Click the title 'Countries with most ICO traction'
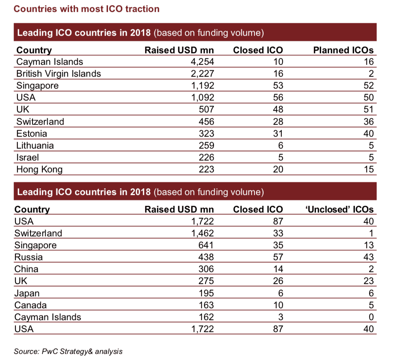(x=87, y=9)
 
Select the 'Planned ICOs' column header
(x=343, y=50)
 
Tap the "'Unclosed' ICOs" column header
(x=340, y=210)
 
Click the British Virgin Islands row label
(x=58, y=74)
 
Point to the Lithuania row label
(x=35, y=145)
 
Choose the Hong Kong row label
(x=39, y=170)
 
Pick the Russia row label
(x=28, y=257)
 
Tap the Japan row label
(x=27, y=293)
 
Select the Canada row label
(x=30, y=305)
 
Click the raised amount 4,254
(x=202, y=62)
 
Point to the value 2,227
(x=202, y=74)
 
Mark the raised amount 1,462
(x=202, y=233)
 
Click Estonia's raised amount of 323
(x=206, y=133)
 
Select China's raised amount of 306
(x=206, y=269)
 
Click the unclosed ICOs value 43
(x=368, y=257)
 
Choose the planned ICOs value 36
(x=368, y=122)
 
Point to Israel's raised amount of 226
(x=206, y=157)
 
